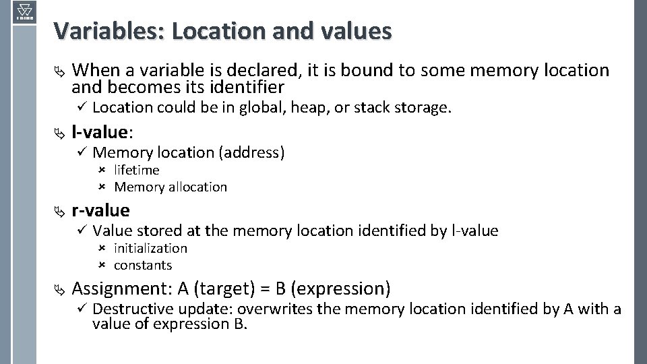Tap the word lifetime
(136, 170)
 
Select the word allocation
(195, 187)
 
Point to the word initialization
(150, 248)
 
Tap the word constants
(143, 265)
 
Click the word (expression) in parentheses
(342, 289)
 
